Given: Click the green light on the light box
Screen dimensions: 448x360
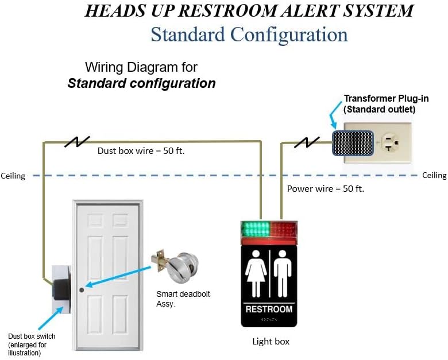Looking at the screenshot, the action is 256,229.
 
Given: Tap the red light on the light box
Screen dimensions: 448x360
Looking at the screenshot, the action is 283,229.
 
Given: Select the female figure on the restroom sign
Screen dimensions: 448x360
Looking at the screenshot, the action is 256,273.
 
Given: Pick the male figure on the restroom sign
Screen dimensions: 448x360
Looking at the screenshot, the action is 283,273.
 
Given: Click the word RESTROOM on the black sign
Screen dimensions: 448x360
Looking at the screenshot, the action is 269,309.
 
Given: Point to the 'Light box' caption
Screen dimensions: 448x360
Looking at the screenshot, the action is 271,341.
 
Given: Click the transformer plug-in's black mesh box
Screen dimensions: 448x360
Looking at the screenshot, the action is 353,143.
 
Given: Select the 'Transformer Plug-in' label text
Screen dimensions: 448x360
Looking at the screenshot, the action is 386,99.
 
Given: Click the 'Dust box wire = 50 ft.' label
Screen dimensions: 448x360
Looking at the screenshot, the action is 141,150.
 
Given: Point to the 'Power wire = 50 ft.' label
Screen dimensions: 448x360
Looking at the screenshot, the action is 326,188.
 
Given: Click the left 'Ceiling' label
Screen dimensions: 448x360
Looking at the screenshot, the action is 13,176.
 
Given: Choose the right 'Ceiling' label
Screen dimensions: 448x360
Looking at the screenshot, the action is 434,175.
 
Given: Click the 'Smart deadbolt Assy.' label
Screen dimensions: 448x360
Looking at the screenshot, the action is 183,299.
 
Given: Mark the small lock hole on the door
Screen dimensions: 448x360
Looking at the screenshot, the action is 82,290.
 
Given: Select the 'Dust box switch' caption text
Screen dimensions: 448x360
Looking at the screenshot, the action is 32,336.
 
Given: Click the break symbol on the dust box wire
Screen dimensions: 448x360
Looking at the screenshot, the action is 77,141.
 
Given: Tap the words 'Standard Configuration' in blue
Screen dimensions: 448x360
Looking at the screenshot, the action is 249,34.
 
